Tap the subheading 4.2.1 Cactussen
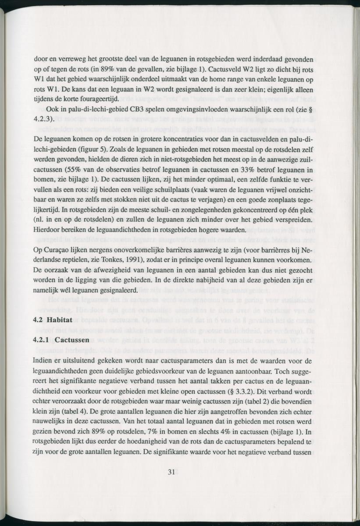(x=61, y=340)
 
